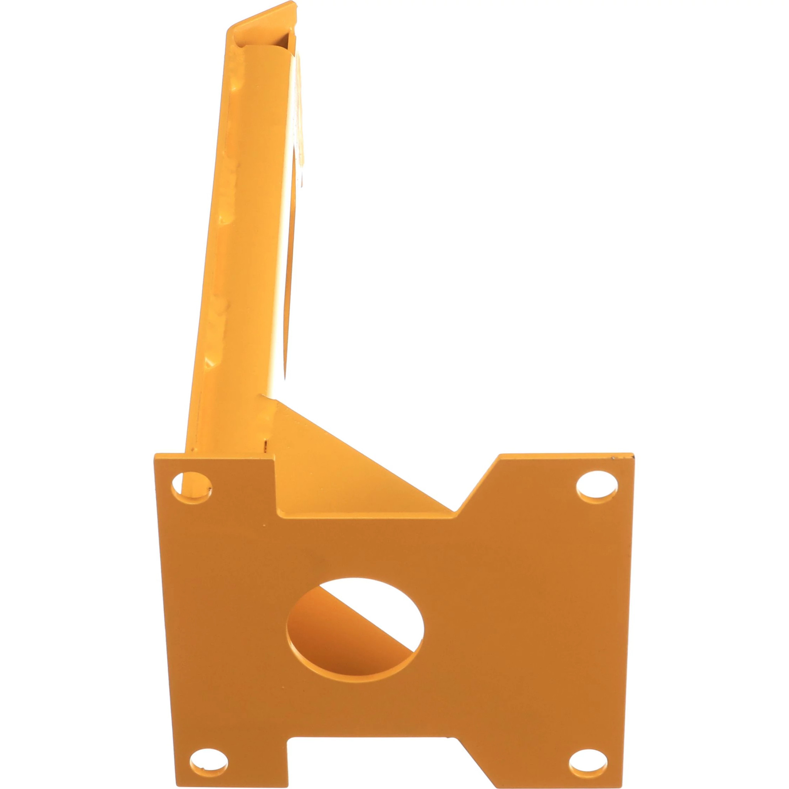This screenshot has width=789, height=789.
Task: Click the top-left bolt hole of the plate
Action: point(191,488)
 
